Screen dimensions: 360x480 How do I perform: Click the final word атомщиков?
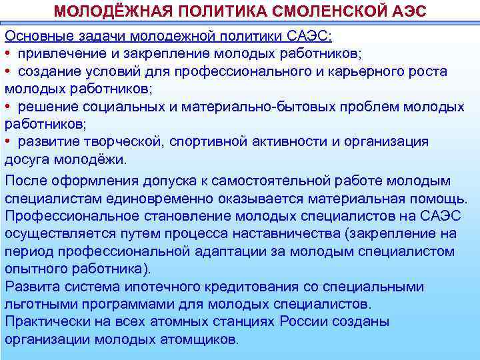pos(197,339)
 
